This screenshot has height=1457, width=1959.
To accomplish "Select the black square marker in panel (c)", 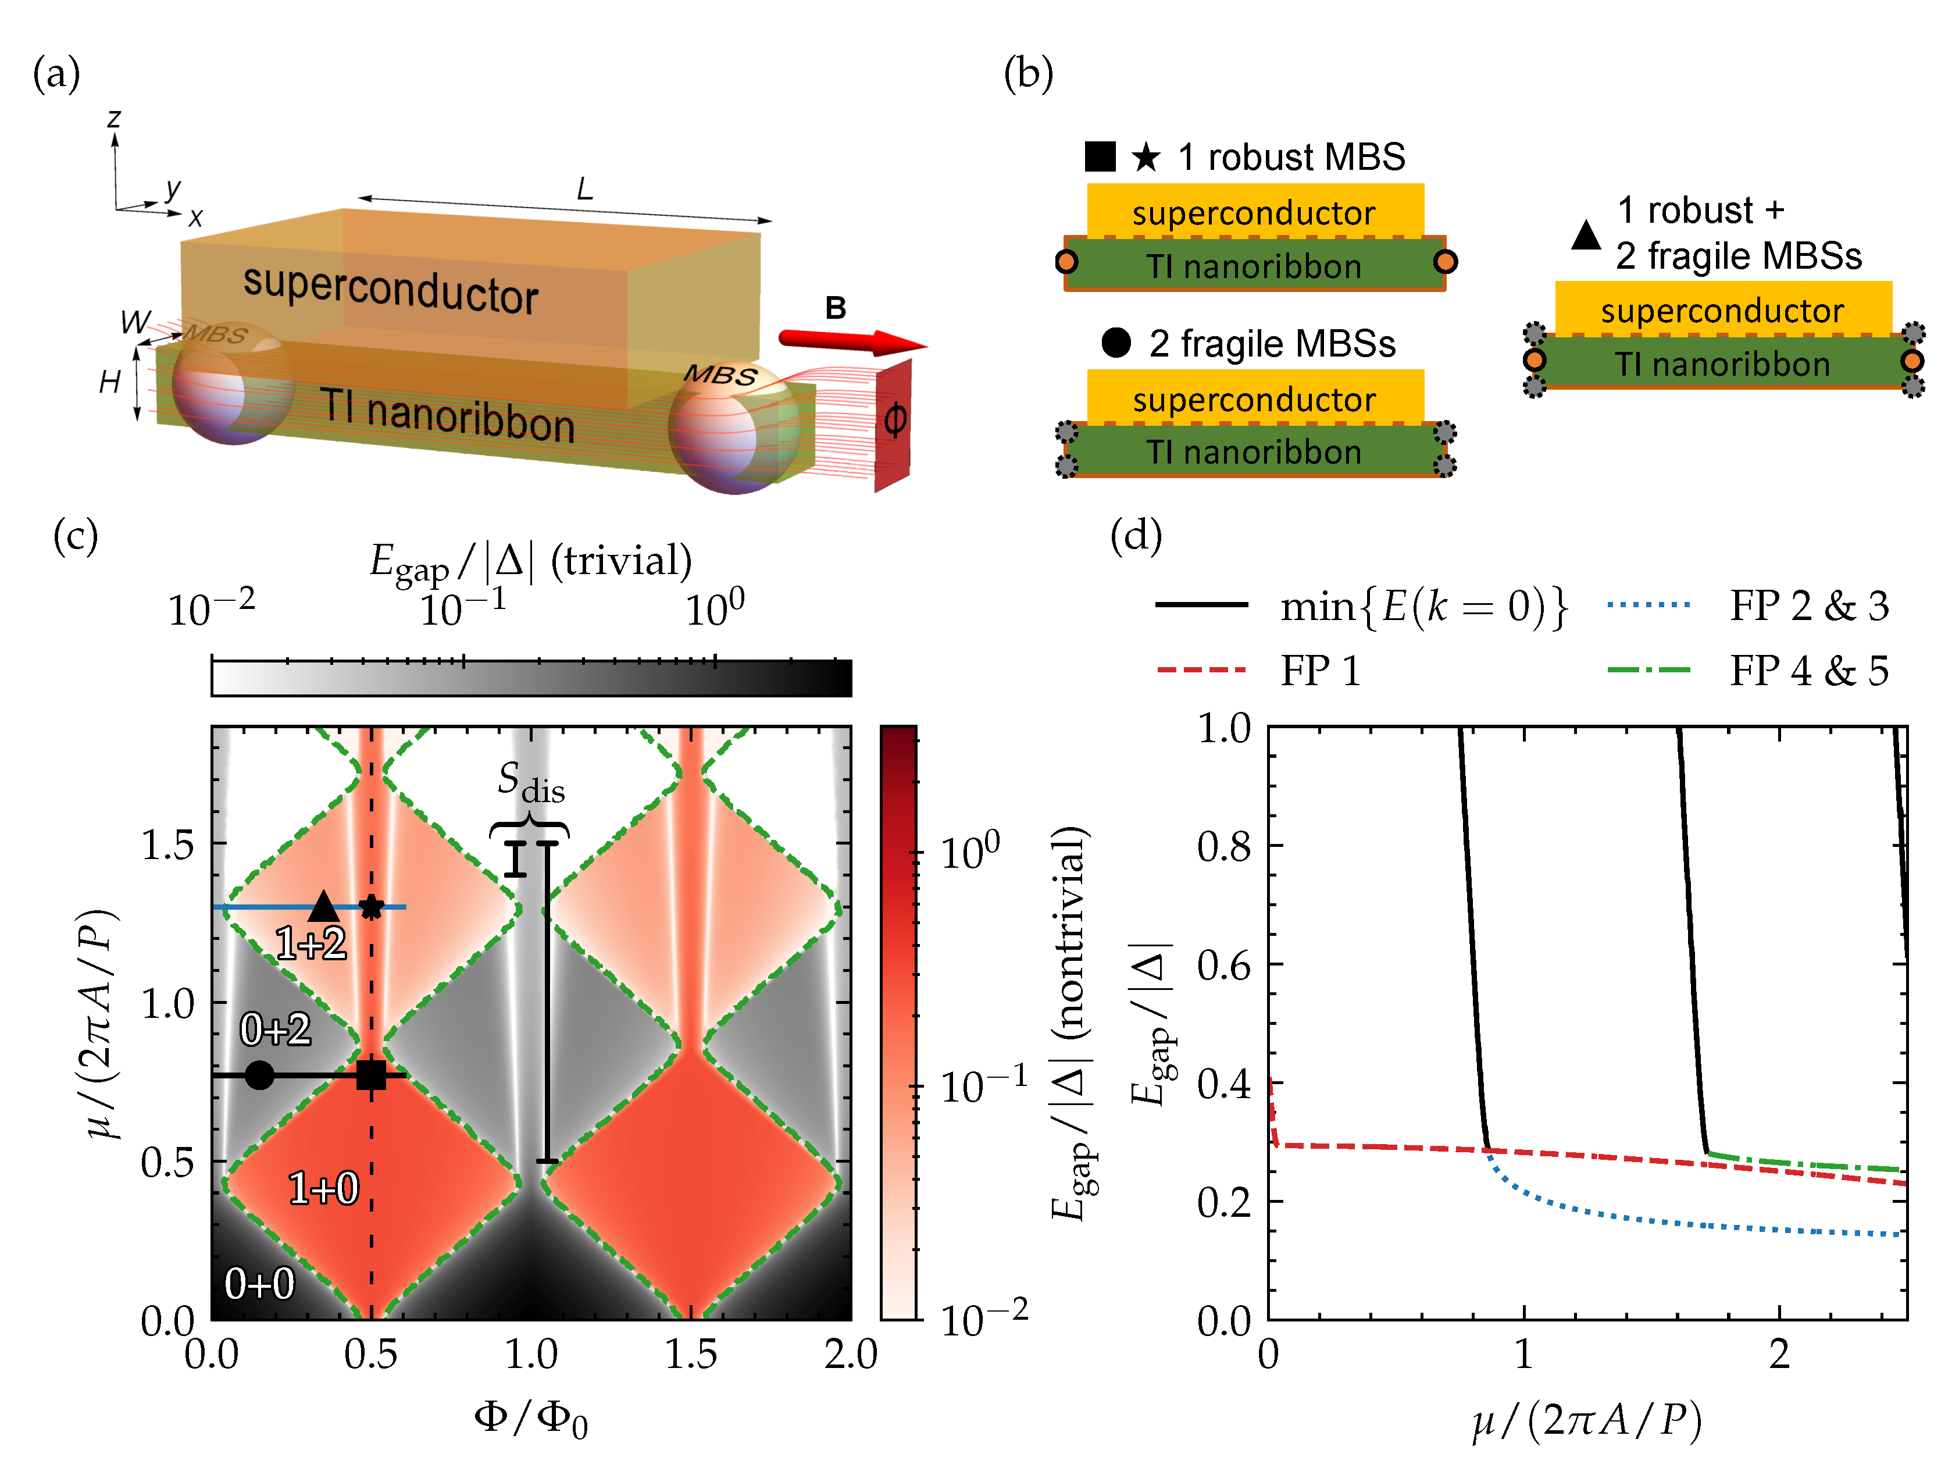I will (x=371, y=1075).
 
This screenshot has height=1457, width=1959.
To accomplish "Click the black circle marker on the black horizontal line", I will (x=259, y=1075).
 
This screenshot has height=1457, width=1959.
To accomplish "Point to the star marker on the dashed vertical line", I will (x=371, y=907).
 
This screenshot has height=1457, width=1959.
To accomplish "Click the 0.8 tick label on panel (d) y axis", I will (x=1223, y=847).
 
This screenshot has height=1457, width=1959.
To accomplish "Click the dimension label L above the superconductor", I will (x=584, y=188).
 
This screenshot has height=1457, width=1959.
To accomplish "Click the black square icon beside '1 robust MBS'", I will (x=1100, y=157).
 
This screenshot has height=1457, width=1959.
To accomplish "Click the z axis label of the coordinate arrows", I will (x=114, y=119).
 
